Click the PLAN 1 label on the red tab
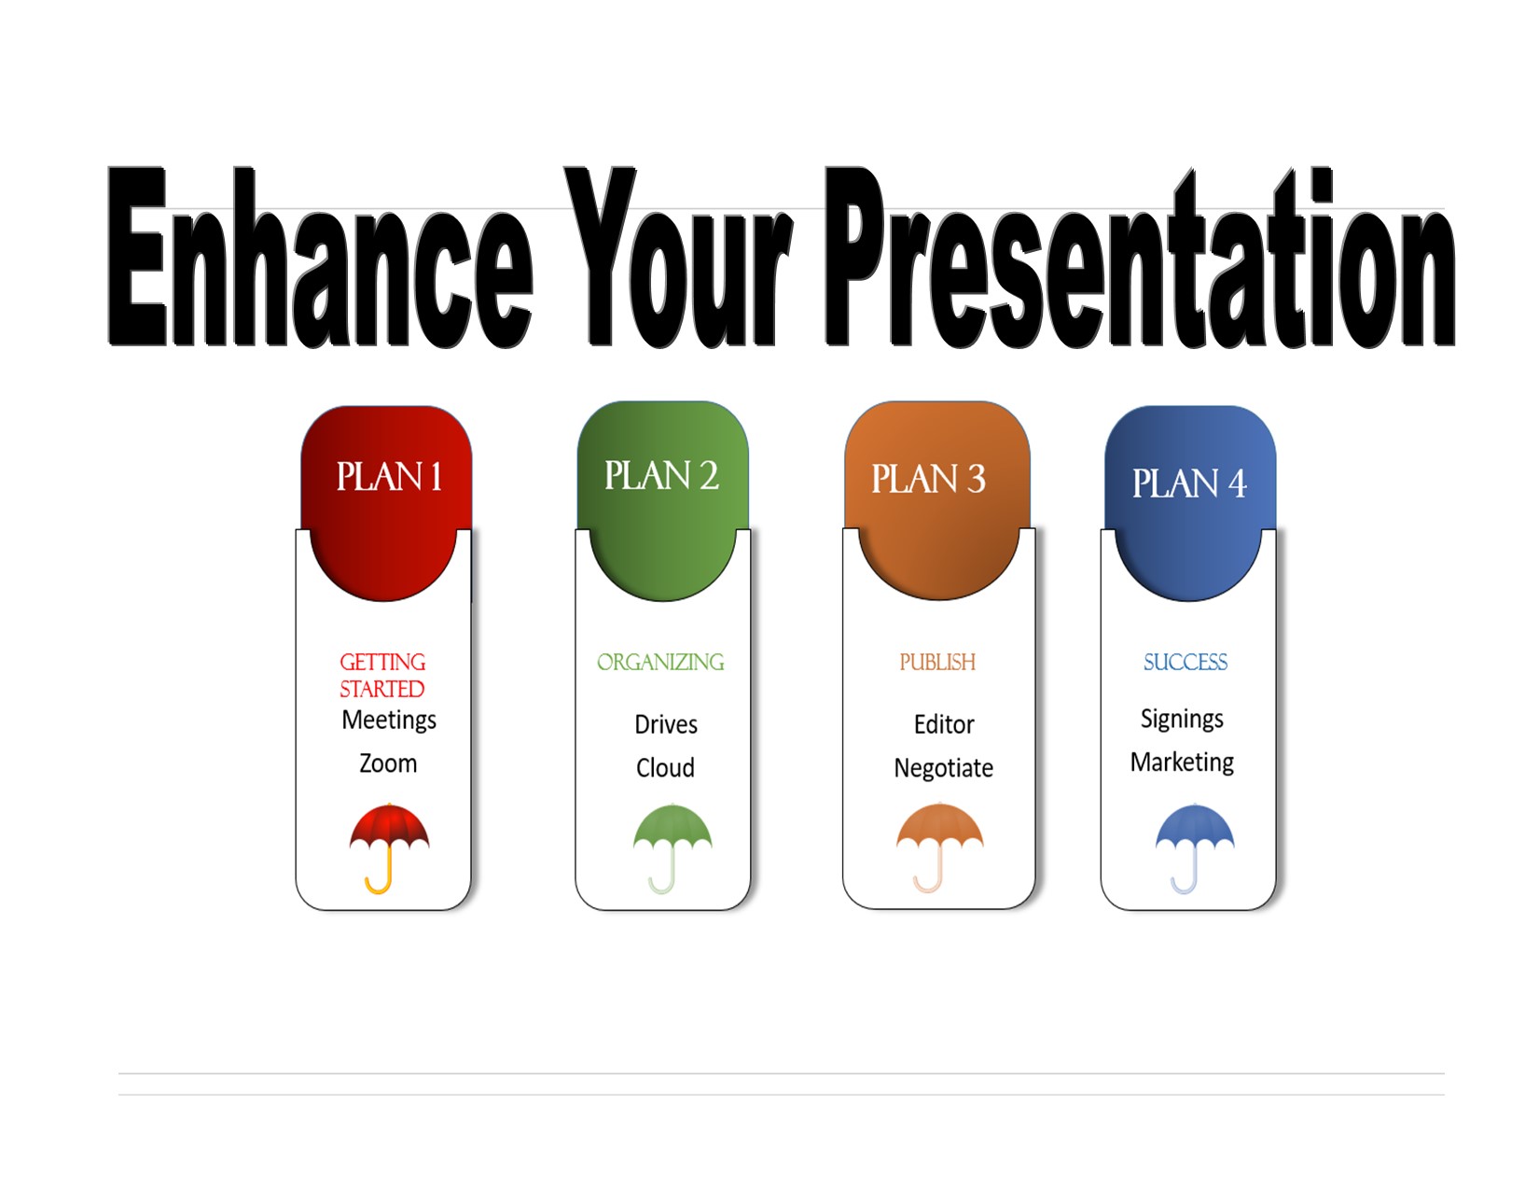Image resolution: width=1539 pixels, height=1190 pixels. [389, 477]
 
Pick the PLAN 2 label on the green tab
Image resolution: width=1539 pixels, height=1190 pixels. [661, 476]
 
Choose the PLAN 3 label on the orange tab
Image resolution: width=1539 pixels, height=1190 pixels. [928, 479]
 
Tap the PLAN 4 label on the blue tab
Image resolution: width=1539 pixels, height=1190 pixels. [1189, 483]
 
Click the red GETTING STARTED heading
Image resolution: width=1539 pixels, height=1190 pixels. [382, 675]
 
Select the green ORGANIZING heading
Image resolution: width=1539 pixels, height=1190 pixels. [660, 662]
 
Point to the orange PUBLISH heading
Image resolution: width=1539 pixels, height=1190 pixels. [937, 662]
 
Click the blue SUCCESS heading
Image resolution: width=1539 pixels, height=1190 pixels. [1185, 662]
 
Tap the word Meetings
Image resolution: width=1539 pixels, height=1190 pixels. [389, 721]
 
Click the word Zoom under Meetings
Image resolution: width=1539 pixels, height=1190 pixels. [388, 763]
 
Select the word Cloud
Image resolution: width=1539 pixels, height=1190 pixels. [665, 768]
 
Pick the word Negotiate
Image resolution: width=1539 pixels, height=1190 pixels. [943, 768]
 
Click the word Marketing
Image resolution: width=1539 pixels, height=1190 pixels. [1182, 763]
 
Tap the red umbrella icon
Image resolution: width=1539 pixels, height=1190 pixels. [389, 840]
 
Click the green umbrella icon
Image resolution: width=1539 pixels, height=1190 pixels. [672, 840]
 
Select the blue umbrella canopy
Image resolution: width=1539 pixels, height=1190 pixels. [1195, 825]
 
